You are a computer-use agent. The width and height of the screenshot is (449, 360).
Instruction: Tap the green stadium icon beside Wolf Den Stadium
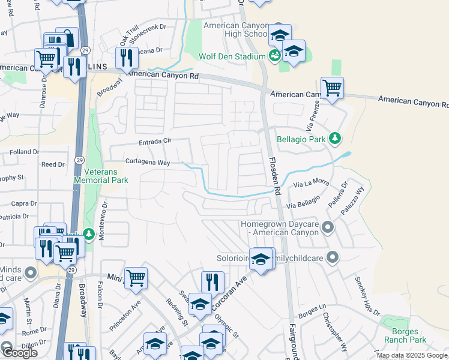[x=275, y=56]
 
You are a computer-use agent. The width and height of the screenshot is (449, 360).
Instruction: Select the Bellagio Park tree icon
[x=336, y=140]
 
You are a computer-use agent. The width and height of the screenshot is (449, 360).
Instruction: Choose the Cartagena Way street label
[x=148, y=162]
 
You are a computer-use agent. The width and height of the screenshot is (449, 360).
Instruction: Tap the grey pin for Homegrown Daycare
[x=328, y=227]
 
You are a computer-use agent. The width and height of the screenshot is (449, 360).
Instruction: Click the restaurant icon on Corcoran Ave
[x=212, y=282]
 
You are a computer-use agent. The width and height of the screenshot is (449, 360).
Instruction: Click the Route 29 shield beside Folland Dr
[x=79, y=160]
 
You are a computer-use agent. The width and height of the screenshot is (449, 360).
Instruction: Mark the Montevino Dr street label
[x=103, y=212]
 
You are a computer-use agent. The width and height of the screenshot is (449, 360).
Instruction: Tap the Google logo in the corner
[x=19, y=352]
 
